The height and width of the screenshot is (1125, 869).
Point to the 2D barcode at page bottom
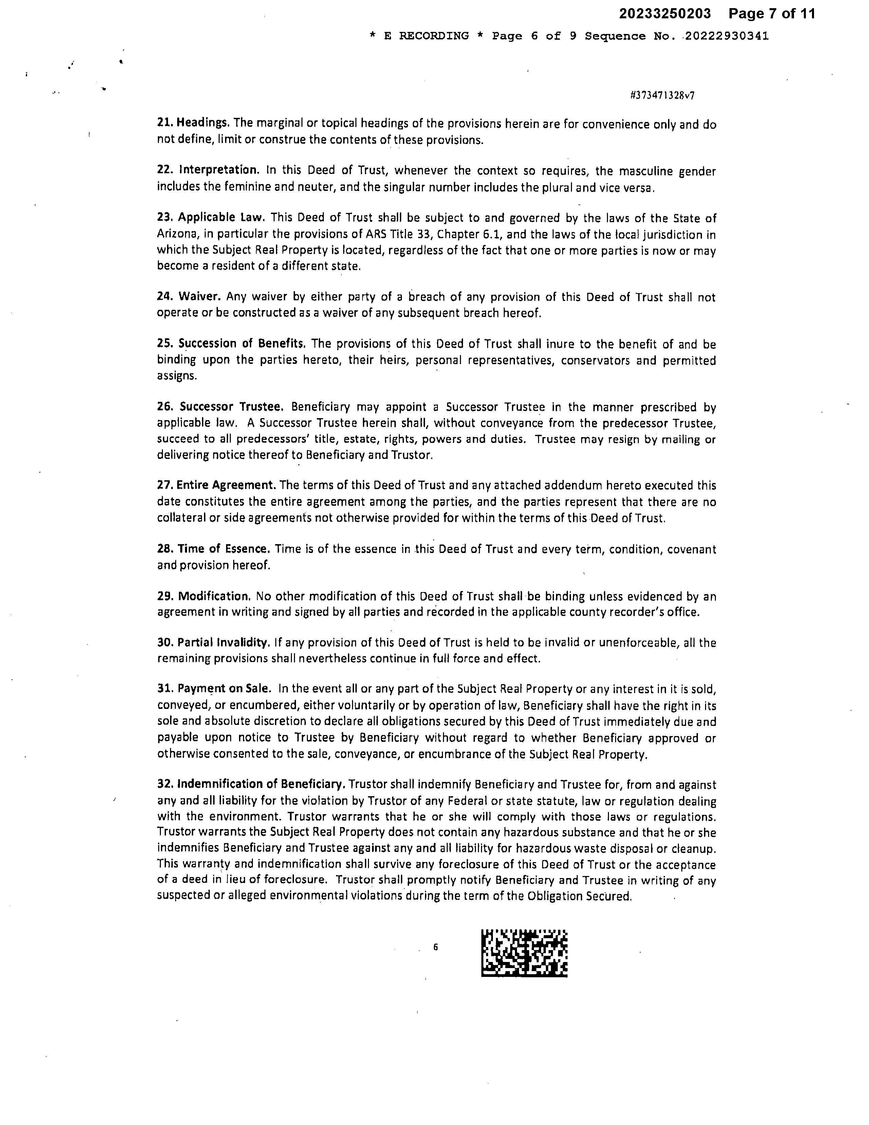[524, 953]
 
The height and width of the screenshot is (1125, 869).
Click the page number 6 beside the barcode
[436, 947]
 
